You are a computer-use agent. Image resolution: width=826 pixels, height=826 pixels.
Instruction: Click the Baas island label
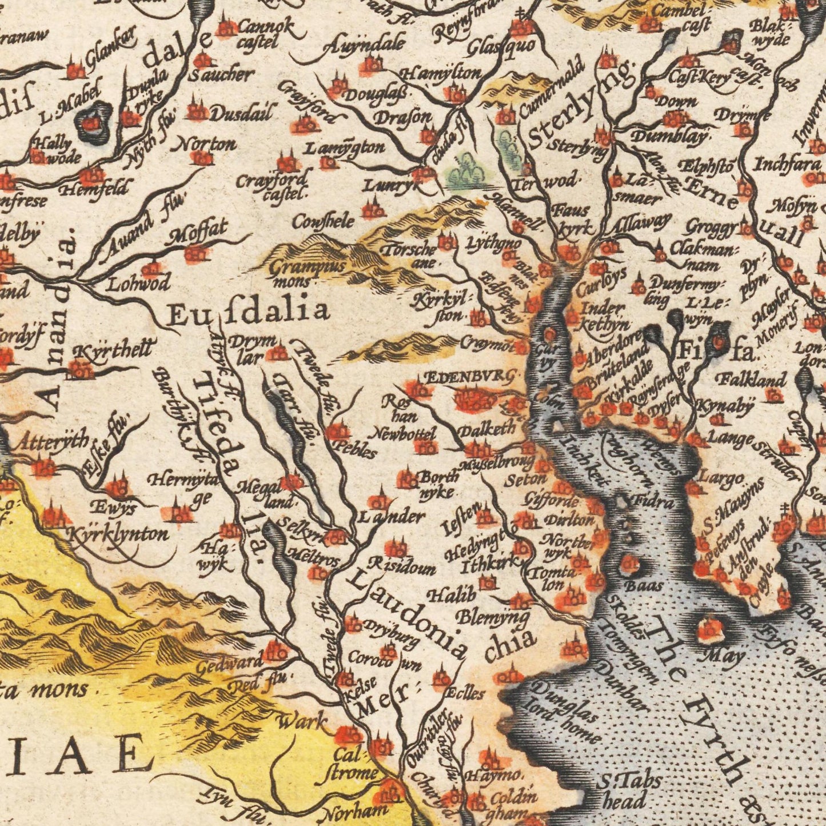tap(643, 586)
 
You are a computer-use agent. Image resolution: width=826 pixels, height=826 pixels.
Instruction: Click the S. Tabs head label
tap(628, 790)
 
